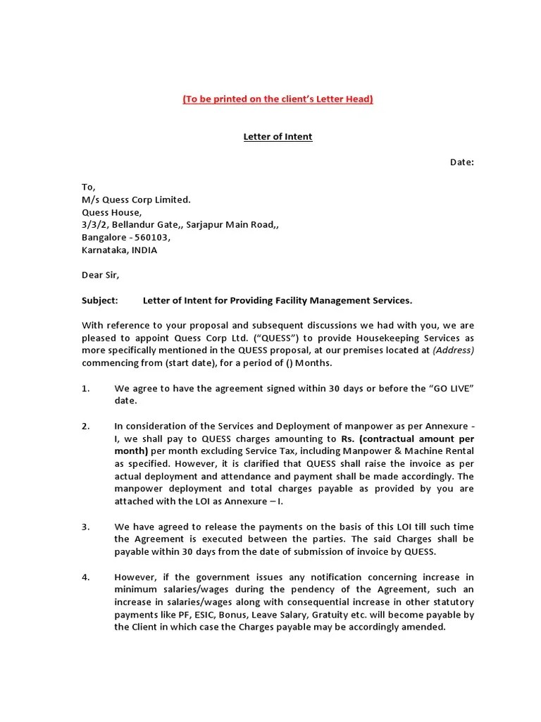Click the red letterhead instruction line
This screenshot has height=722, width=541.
[278, 99]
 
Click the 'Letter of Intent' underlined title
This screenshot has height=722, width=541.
[278, 137]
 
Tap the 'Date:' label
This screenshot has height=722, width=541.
[462, 162]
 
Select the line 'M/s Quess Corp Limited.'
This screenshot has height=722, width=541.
[136, 200]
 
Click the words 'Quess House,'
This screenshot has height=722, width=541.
[111, 212]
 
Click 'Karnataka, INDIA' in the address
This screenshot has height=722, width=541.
[120, 250]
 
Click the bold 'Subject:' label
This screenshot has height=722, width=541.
[100, 300]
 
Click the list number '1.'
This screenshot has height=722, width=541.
[86, 388]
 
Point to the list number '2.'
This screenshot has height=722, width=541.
[86, 426]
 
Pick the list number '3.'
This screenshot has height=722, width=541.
[86, 527]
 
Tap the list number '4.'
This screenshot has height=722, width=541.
[86, 577]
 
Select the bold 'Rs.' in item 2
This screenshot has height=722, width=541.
[348, 439]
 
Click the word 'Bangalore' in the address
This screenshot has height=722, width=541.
[104, 238]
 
